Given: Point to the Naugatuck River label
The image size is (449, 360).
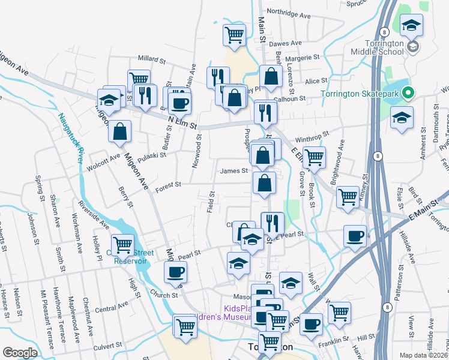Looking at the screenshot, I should [x=70, y=138].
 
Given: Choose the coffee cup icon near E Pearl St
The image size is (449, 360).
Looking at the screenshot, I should [x=355, y=235].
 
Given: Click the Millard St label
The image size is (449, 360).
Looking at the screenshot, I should [x=151, y=59].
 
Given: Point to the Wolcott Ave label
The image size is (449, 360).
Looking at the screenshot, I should [x=103, y=160].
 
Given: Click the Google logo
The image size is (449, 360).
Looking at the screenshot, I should [x=20, y=353].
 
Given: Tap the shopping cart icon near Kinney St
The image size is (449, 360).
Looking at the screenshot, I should [x=348, y=197].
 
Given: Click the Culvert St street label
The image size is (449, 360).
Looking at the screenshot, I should [x=108, y=346].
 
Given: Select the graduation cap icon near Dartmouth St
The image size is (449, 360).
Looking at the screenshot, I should [x=402, y=117].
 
